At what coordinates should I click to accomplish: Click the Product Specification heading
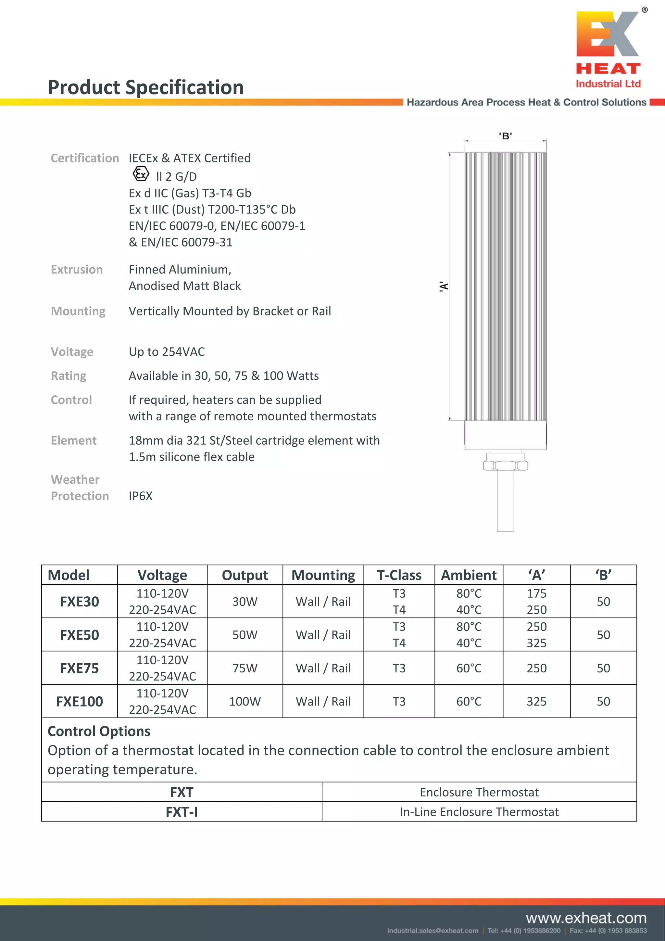tap(146, 87)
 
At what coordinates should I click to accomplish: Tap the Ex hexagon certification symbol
tap(141, 174)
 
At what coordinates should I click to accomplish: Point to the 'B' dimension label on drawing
tap(505, 136)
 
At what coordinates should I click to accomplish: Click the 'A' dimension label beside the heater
tap(444, 286)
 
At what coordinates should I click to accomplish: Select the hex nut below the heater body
tap(505, 465)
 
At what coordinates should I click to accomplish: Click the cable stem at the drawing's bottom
tap(505, 502)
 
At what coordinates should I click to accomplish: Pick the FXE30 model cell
tap(80, 602)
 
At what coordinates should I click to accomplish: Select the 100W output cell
tap(245, 701)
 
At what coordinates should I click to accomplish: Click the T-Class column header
tap(399, 575)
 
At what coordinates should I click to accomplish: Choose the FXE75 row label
tap(80, 668)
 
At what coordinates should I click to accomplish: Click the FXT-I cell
tap(182, 812)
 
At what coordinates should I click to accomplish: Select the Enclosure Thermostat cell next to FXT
tap(479, 792)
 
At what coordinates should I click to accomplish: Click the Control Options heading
tap(99, 731)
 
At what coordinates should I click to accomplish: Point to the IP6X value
tap(141, 496)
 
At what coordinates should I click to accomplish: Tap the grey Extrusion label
tap(77, 269)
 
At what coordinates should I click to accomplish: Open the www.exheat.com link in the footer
tap(586, 918)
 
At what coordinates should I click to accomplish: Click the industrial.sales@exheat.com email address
tap(433, 931)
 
